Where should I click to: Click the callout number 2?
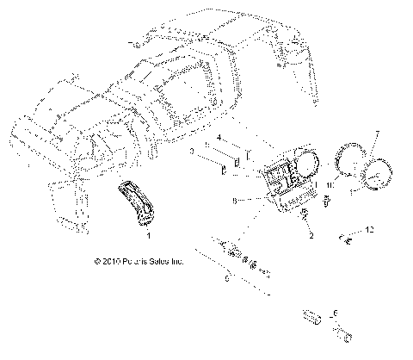tap(311, 234)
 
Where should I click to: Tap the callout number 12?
tap(371, 230)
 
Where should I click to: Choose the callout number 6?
tap(336, 313)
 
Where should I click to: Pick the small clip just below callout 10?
tap(330, 199)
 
